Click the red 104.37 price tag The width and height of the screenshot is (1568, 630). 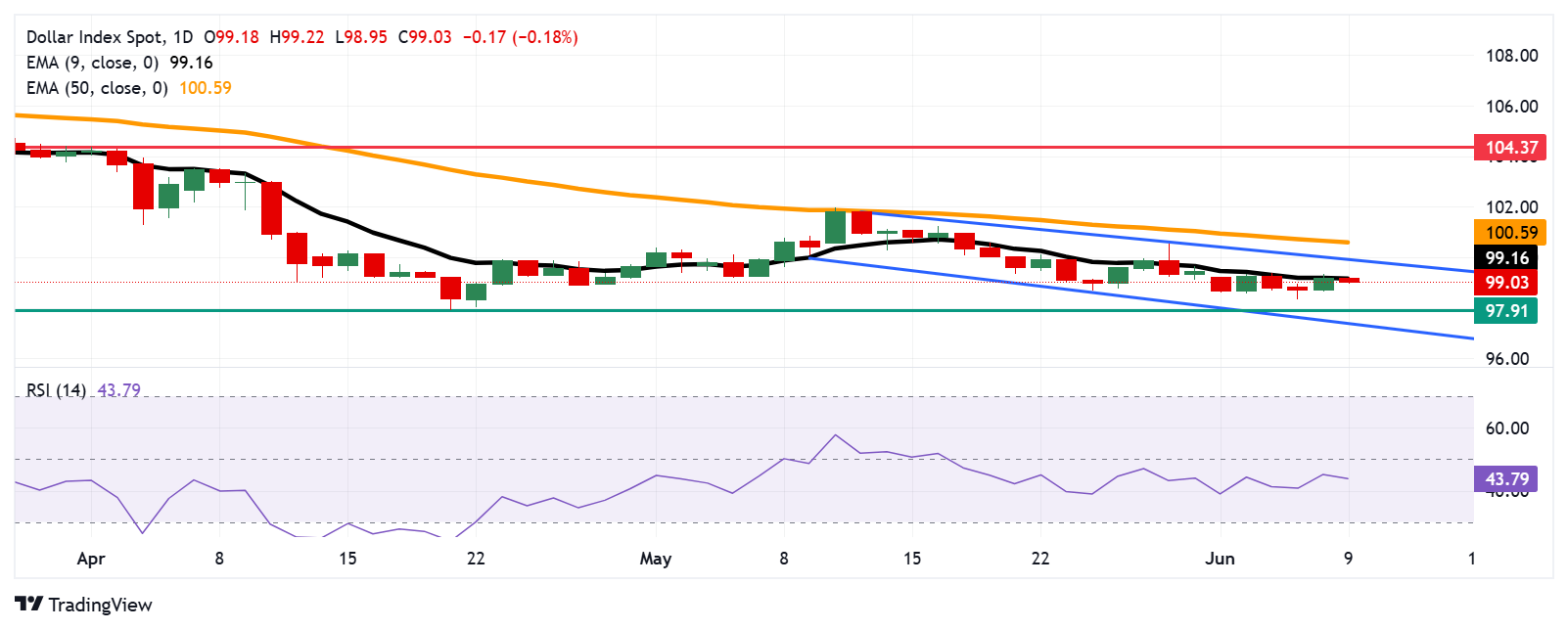tap(1510, 148)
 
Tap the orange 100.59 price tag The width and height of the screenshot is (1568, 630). tap(1510, 233)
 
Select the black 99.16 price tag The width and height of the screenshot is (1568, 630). tap(1506, 258)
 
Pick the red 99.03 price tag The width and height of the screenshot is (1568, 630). tap(1506, 283)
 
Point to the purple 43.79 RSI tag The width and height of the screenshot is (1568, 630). tap(1505, 479)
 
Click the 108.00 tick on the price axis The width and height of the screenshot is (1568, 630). tap(1511, 56)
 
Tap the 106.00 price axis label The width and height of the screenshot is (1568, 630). tap(1511, 107)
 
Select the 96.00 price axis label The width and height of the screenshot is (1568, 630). tap(1506, 359)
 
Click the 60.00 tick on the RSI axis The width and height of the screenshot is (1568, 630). tap(1506, 428)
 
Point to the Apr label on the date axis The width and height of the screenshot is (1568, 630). tap(91, 559)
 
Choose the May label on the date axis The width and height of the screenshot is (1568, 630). tap(656, 559)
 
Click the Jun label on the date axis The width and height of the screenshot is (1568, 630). tap(1220, 559)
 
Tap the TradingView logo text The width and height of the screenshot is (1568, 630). tap(100, 605)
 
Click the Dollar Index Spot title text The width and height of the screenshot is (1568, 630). tap(95, 37)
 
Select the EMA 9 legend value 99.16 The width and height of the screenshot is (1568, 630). tap(191, 63)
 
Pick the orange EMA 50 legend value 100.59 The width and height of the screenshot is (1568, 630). tap(205, 88)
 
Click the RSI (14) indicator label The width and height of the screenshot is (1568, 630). tap(56, 390)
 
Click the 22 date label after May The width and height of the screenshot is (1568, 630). tap(1040, 559)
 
